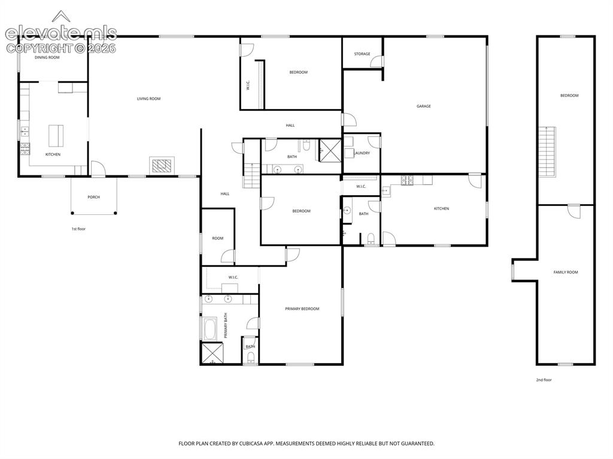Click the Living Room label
pyautogui.click(x=148, y=99)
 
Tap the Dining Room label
pyautogui.click(x=47, y=57)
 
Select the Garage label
pyautogui.click(x=423, y=107)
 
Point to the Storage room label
pyautogui.click(x=362, y=54)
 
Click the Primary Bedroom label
pyautogui.click(x=302, y=309)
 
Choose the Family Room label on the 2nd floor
pyautogui.click(x=566, y=272)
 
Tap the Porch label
pyautogui.click(x=94, y=197)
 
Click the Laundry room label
pyautogui.click(x=362, y=153)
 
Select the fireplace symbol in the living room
pyautogui.click(x=162, y=165)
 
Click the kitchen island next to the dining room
pyautogui.click(x=56, y=135)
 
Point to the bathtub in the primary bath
pyautogui.click(x=210, y=330)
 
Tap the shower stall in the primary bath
pyautogui.click(x=213, y=353)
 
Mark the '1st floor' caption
pyautogui.click(x=78, y=229)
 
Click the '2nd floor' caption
pyautogui.click(x=544, y=380)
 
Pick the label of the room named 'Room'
pyautogui.click(x=218, y=239)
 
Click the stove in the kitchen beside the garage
pyautogui.click(x=407, y=180)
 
